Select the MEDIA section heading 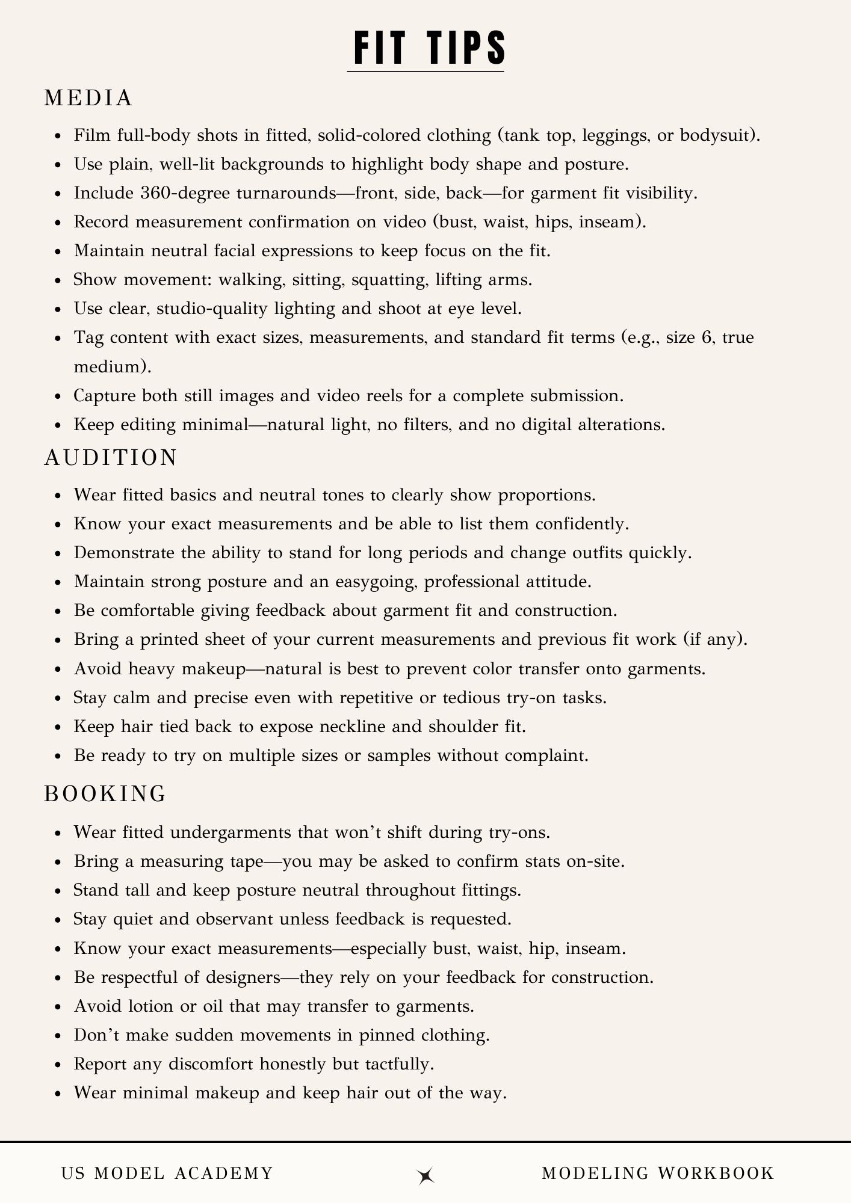click(x=88, y=99)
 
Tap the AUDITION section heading click(x=111, y=458)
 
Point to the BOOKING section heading click(x=105, y=794)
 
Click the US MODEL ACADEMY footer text click(x=167, y=1173)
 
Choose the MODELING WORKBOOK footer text click(x=658, y=1173)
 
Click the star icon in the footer click(x=426, y=1176)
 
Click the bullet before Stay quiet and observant click(x=58, y=920)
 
